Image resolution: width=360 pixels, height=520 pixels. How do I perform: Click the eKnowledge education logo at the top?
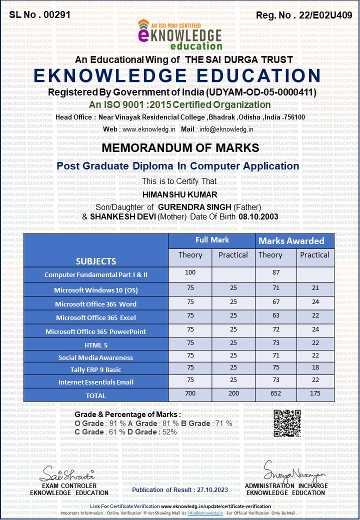pyautogui.click(x=179, y=34)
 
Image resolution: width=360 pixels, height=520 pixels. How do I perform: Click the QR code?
pyautogui.click(x=287, y=423)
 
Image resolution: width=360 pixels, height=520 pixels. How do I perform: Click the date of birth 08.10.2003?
pyautogui.click(x=258, y=216)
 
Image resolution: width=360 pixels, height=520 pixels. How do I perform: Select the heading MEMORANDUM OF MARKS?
pyautogui.click(x=180, y=148)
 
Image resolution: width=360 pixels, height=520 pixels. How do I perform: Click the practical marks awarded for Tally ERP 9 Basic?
pyautogui.click(x=314, y=369)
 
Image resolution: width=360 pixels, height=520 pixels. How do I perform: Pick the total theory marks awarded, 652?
pyautogui.click(x=270, y=394)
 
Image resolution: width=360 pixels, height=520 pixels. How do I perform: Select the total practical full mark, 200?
pyautogui.click(x=233, y=394)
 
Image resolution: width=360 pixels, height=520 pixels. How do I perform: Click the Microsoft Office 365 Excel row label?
pyautogui.click(x=96, y=317)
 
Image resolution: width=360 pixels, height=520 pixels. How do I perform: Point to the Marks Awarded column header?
pyautogui.click(x=291, y=241)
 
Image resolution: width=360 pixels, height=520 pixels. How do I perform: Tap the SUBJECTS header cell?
pyautogui.click(x=96, y=261)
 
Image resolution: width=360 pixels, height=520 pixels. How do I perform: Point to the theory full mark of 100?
pyautogui.click(x=190, y=272)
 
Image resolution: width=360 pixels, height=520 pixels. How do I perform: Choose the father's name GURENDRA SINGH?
pyautogui.click(x=189, y=206)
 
